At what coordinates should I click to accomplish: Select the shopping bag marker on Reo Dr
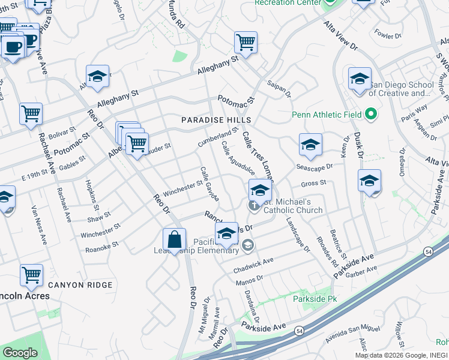[x=174, y=240]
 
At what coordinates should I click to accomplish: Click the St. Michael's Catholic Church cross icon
[x=254, y=205]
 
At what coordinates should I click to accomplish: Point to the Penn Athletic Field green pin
[x=371, y=113]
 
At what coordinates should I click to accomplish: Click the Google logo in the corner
[x=20, y=352]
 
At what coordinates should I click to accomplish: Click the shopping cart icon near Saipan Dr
[x=246, y=43]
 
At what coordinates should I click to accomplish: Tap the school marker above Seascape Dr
[x=310, y=145]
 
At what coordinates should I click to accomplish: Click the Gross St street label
[x=314, y=182]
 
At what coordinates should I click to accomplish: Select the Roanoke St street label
[x=103, y=247]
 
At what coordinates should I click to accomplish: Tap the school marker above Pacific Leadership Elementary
[x=227, y=233]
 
